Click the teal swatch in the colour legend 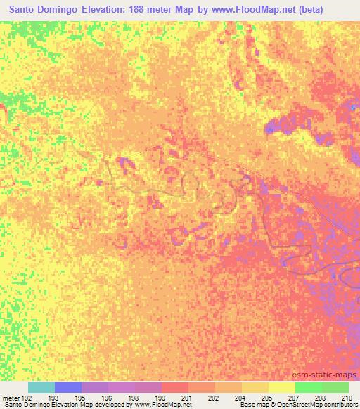(41, 387)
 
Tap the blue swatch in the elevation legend (68, 387)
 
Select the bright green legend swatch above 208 (308, 387)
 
